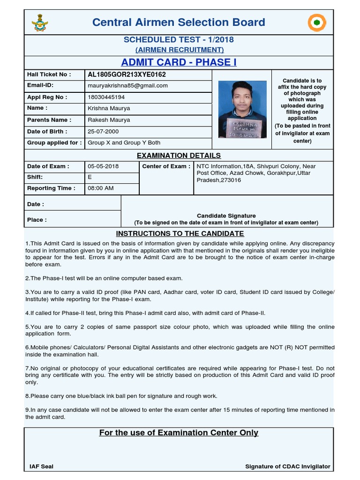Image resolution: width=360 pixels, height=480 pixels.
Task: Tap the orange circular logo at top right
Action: [317, 22]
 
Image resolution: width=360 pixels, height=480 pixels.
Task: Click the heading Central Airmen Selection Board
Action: [179, 22]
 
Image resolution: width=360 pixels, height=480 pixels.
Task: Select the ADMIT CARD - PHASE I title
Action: [179, 62]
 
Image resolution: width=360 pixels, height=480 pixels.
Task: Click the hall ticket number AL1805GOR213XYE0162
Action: [127, 75]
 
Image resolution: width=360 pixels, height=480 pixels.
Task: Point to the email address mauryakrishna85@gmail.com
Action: [127, 86]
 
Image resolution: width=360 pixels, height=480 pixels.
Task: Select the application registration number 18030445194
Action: [106, 97]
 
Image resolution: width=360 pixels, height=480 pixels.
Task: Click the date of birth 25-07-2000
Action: [103, 132]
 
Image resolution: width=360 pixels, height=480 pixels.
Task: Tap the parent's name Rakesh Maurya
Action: [109, 120]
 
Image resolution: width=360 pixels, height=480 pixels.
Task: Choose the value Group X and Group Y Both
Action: [124, 143]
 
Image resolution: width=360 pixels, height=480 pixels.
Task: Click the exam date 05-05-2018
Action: [103, 166]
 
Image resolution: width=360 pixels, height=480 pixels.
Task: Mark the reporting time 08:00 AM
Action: [101, 188]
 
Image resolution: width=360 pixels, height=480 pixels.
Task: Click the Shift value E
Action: [90, 177]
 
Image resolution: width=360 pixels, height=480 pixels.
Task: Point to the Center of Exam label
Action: [166, 166]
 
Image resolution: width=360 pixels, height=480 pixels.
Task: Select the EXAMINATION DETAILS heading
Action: [179, 155]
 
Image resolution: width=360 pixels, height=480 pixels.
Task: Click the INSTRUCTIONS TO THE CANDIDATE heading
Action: [180, 233]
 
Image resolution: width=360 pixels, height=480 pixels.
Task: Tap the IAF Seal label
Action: [41, 466]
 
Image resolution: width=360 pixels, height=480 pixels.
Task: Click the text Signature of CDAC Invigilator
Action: [287, 466]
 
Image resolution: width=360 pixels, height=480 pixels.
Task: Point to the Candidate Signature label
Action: [226, 216]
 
